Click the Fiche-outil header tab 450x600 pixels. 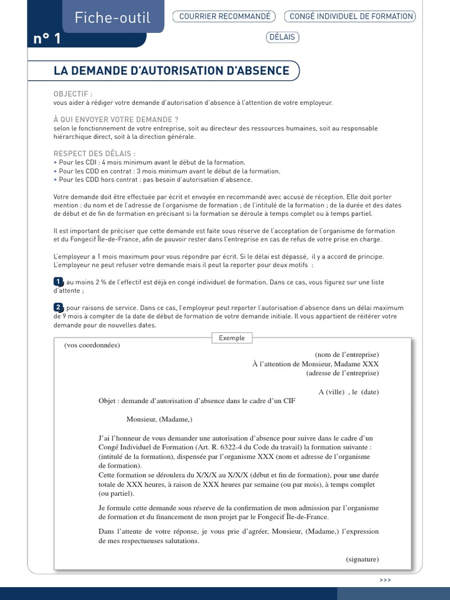point(112,18)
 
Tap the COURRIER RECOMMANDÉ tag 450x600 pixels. point(225,16)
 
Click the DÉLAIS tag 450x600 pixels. point(282,37)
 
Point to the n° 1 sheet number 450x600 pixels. point(47,39)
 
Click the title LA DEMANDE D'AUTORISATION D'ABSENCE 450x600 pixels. point(171,71)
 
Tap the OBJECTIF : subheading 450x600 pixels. point(73,94)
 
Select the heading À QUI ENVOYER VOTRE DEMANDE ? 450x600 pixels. point(116,120)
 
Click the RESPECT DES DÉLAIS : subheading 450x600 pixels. point(90,154)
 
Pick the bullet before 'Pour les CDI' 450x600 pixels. point(55,162)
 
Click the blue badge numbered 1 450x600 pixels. point(58,282)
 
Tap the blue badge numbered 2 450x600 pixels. point(58,308)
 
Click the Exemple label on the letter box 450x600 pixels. point(232,338)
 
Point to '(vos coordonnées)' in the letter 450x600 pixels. point(92,345)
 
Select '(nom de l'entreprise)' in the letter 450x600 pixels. point(347,354)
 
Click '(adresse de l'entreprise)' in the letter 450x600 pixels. point(342,373)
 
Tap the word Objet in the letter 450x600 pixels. point(108,401)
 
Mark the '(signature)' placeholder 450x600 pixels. point(362,559)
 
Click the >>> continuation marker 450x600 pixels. point(385,580)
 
